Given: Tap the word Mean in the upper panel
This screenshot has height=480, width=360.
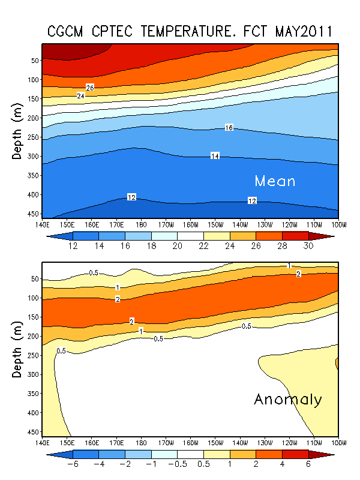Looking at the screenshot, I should (x=275, y=181).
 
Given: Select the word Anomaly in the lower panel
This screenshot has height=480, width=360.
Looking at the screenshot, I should (x=288, y=400).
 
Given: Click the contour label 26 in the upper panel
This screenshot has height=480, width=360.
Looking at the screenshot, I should (x=90, y=88).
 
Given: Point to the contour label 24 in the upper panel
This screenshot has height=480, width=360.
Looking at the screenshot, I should (x=81, y=95).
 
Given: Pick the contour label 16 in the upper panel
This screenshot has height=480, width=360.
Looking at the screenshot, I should (x=229, y=128).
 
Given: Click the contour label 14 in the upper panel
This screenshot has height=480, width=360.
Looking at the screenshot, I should (x=215, y=156).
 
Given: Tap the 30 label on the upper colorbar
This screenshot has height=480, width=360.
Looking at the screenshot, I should (x=308, y=246).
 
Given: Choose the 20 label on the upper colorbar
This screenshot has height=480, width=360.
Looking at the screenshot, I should (x=178, y=246).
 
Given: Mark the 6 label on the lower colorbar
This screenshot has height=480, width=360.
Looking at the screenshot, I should (x=308, y=464).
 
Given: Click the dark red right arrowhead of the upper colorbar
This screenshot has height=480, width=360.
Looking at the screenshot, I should (x=328, y=236).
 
